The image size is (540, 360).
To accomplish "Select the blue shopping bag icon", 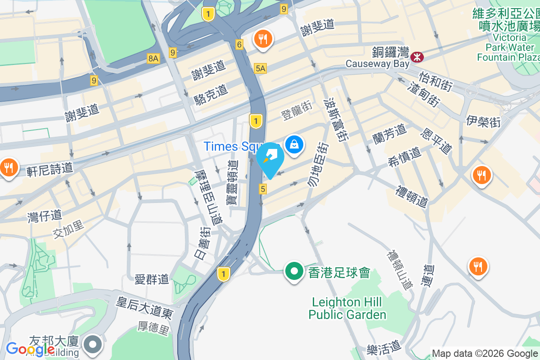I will coord(294,144).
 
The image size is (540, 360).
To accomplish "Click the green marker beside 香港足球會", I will coord(294,272).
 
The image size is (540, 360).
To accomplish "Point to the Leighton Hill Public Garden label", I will coord(347,308).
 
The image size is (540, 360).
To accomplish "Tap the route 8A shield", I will coord(153,58).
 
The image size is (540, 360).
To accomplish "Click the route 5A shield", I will coord(261,68).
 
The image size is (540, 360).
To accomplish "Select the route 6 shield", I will coord(239,45).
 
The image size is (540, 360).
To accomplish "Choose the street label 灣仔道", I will coord(44,216).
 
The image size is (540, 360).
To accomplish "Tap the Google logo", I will coord(30,349).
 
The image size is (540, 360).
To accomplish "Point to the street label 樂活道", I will coord(383,346).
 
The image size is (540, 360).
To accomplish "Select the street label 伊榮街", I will coord(483,121).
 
